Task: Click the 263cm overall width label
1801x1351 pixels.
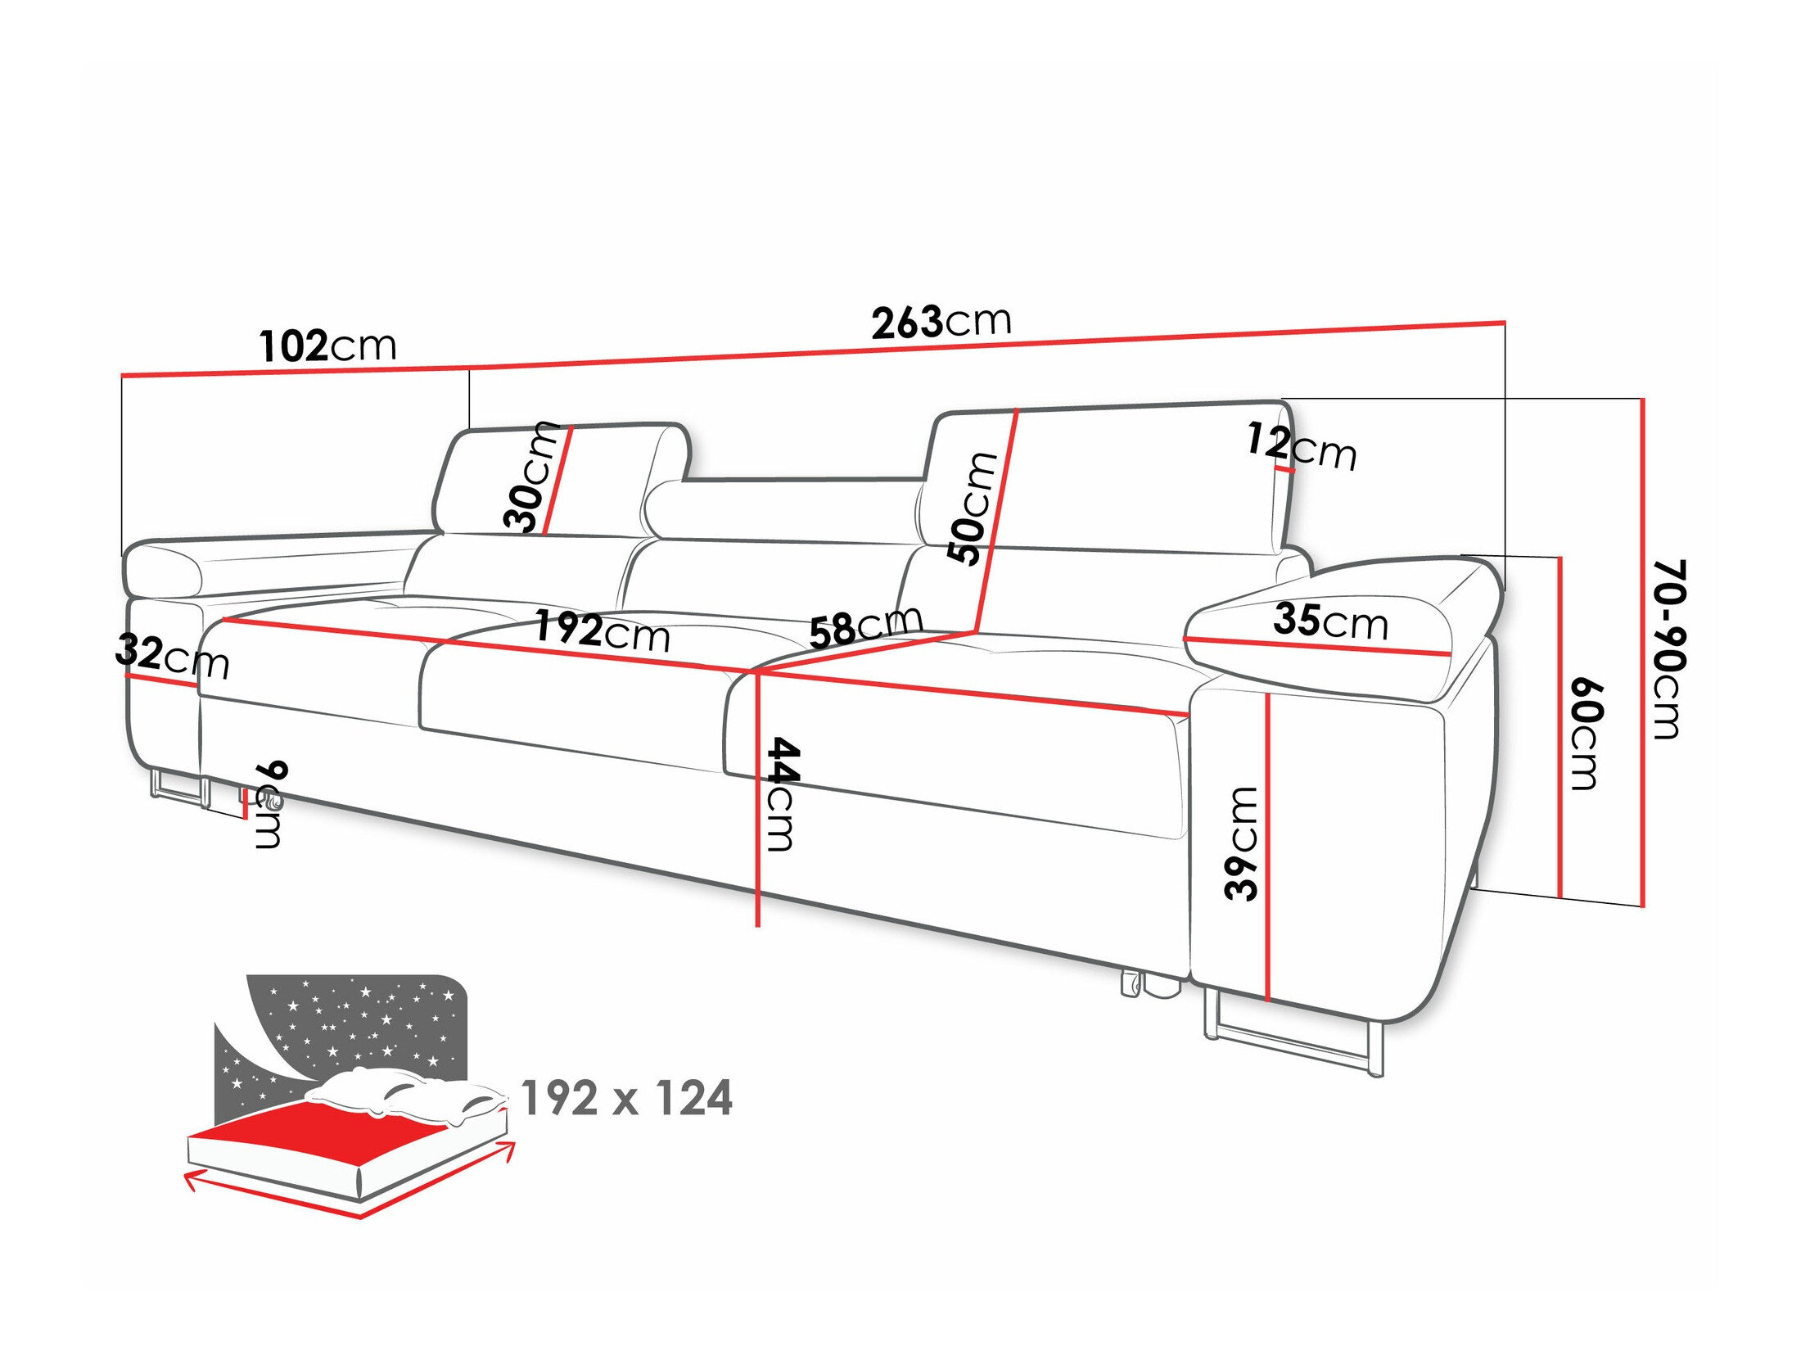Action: coord(941,322)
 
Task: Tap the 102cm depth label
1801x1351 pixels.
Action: coord(327,346)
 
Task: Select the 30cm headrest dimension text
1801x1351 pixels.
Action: coord(530,477)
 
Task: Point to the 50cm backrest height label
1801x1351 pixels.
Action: coord(973,508)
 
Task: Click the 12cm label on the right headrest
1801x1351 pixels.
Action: coord(1302,448)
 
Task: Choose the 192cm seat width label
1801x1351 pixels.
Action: coord(602,631)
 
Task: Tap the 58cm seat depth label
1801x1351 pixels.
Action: coord(865,627)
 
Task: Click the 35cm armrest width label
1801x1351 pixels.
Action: coord(1331,621)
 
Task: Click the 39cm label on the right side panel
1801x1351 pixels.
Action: coord(1242,843)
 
